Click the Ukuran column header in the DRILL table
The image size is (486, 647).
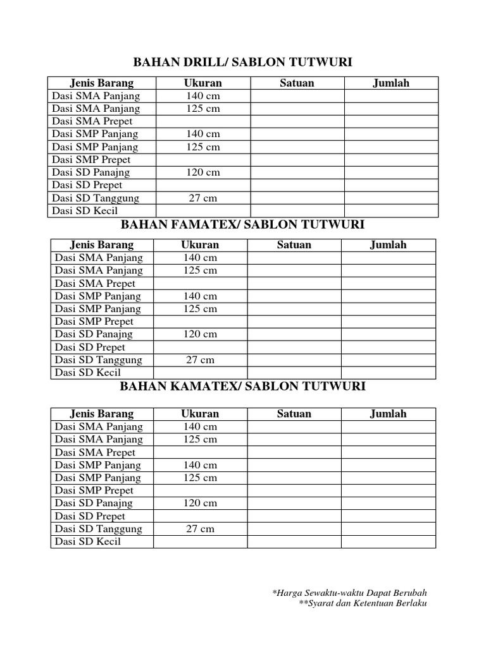(x=202, y=83)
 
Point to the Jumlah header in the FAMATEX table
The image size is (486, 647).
(x=388, y=245)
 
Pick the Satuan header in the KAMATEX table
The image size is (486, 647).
(x=294, y=414)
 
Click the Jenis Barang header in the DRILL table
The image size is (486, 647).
(x=102, y=83)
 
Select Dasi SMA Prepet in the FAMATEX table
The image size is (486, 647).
(x=95, y=284)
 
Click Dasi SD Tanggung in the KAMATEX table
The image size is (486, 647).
(x=98, y=529)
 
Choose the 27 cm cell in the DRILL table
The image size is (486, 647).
(x=202, y=198)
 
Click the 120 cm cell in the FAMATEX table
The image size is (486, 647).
(x=200, y=334)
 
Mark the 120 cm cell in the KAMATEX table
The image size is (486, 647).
(x=200, y=503)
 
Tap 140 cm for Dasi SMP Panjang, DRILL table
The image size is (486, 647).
(x=202, y=134)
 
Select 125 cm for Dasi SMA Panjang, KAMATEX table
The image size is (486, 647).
(x=200, y=439)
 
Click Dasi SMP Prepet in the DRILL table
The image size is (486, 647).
(x=92, y=160)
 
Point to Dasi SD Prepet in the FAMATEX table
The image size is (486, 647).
(x=90, y=347)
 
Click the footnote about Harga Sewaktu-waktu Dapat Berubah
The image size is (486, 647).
(x=349, y=593)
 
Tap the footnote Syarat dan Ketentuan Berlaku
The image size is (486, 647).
(x=363, y=603)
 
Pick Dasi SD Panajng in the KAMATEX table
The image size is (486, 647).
(x=94, y=503)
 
